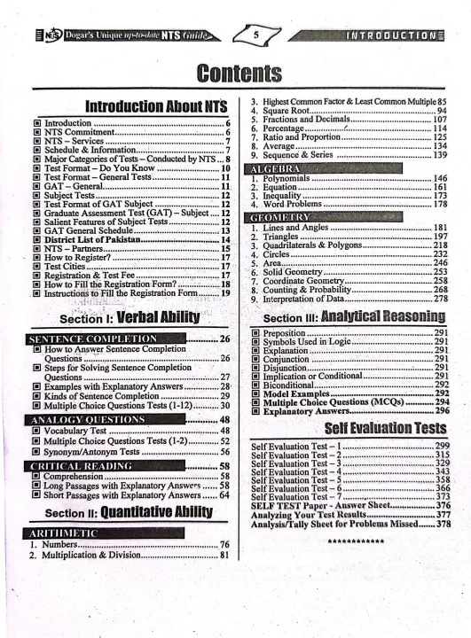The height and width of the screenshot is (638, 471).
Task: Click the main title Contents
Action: pyautogui.click(x=235, y=73)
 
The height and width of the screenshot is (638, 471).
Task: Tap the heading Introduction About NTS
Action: pyautogui.click(x=156, y=107)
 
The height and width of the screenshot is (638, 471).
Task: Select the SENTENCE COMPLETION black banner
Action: pyautogui.click(x=92, y=339)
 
